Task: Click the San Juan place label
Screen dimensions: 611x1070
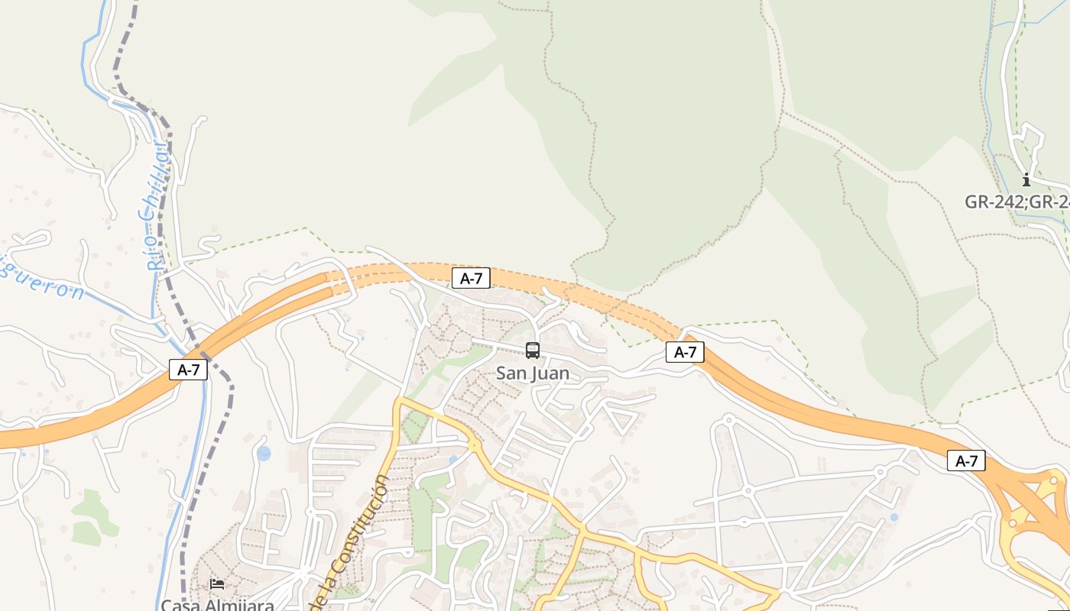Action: [533, 373]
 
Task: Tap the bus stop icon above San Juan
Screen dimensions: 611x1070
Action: [533, 351]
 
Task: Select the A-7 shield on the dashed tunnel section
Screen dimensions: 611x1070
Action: [471, 278]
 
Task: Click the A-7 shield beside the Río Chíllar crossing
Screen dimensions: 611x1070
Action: [188, 370]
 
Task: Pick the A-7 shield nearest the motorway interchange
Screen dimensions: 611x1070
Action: [966, 461]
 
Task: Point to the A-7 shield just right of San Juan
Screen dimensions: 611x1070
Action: [685, 352]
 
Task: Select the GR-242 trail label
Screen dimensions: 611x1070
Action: [1016, 202]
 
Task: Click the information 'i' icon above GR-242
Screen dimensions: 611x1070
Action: [1026, 180]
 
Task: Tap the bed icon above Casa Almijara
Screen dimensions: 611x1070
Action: [217, 584]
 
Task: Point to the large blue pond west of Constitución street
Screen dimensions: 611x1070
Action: [264, 454]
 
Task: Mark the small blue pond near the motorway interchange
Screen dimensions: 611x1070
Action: [893, 517]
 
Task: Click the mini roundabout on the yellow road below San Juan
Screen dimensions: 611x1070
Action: [474, 445]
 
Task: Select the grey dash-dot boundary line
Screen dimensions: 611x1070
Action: [205, 458]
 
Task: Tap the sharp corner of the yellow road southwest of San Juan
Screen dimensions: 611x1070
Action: [398, 399]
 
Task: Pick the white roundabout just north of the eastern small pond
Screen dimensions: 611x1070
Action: [880, 472]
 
